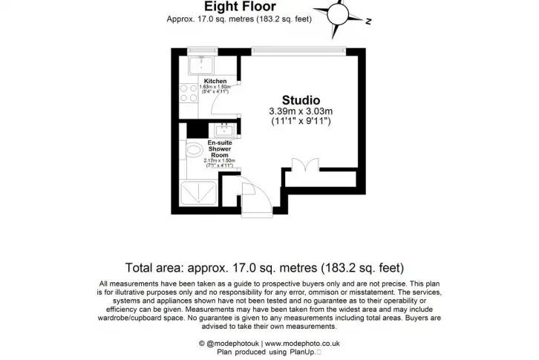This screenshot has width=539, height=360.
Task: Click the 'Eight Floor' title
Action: pyautogui.click(x=240, y=6)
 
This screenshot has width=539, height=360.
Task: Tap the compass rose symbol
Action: pyautogui.click(x=339, y=15)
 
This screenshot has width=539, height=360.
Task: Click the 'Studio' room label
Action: pyautogui.click(x=301, y=100)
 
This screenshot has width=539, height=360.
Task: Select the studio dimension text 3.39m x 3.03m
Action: pyautogui.click(x=301, y=111)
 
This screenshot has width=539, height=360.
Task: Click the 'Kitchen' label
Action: pyautogui.click(x=215, y=81)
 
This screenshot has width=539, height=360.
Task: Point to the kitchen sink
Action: pyautogui.click(x=201, y=65)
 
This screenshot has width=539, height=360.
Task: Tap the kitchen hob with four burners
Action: pyautogui.click(x=189, y=94)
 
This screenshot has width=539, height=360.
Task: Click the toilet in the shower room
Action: pyautogui.click(x=194, y=150)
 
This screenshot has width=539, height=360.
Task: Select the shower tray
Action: pyautogui.click(x=199, y=193)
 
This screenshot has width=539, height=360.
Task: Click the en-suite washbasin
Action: pyautogui.click(x=225, y=130)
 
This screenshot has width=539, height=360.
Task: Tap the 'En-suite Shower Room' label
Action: pyautogui.click(x=220, y=149)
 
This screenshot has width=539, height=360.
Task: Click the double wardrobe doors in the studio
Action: pyautogui.click(x=305, y=165)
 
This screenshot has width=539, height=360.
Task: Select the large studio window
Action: pyautogui.click(x=298, y=51)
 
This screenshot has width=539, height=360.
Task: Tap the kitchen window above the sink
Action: pyautogui.click(x=202, y=51)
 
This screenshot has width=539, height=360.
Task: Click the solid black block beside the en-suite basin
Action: pyautogui.click(x=197, y=131)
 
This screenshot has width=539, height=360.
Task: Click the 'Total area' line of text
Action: pyautogui.click(x=264, y=267)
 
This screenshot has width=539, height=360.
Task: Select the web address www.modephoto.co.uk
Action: pyautogui.click(x=302, y=343)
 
